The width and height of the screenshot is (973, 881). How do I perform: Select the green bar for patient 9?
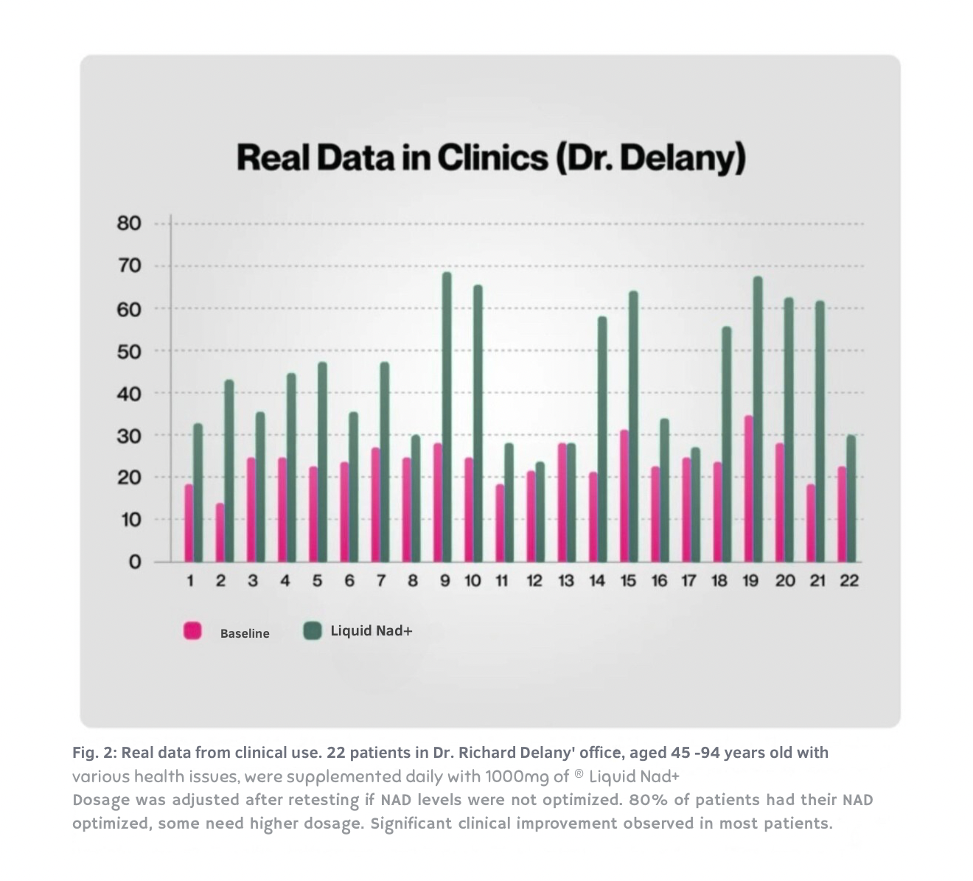pos(447,417)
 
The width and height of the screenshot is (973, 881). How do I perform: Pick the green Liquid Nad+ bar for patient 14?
pos(602,439)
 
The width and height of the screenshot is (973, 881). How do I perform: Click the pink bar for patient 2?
pos(220,532)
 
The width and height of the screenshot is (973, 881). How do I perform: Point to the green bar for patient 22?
pos(851,498)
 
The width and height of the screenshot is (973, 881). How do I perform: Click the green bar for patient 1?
pos(198,492)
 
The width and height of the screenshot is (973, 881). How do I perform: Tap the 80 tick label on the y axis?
pos(128,223)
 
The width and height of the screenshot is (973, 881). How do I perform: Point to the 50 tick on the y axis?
pos(128,351)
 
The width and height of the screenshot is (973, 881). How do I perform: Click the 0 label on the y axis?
pos(134,563)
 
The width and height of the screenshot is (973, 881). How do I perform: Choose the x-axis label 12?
pos(534,581)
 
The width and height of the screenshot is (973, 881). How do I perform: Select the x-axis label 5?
pos(317,581)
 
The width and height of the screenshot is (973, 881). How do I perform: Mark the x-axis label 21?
pos(817,581)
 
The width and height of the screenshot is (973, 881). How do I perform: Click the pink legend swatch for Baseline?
pos(192,631)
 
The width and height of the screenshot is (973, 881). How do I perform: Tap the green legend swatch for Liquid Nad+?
pos(313,630)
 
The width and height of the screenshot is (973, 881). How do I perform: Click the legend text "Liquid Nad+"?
pos(371,631)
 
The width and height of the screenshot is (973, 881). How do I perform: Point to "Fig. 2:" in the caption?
pos(94,753)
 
